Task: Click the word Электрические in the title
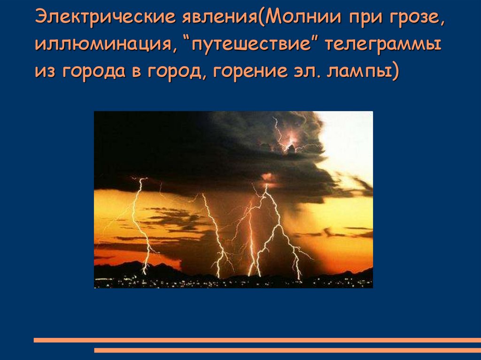click(105, 17)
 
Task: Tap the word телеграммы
click(383, 45)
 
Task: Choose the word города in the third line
click(94, 71)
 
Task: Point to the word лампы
click(359, 72)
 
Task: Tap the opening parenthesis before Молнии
click(260, 17)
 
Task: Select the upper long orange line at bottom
click(257, 340)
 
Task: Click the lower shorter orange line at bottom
click(287, 350)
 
